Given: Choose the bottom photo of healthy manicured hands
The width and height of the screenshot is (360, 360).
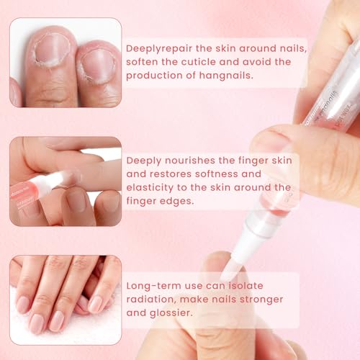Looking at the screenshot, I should click(66, 295).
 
